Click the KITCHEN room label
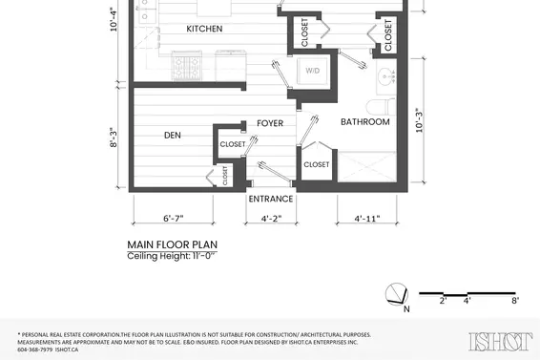click(204, 30)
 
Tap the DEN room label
click(173, 136)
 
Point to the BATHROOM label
click(365, 122)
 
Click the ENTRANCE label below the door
click(271, 199)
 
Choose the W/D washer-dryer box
click(313, 73)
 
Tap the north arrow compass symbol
click(396, 294)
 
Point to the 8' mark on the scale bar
click(515, 301)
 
